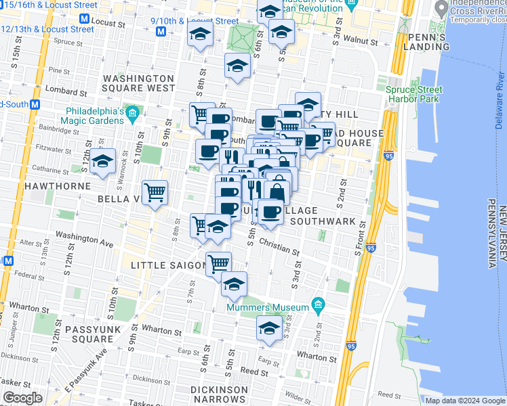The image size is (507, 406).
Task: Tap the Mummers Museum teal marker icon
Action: point(317,307)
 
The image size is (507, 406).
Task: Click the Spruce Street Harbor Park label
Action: point(414,94)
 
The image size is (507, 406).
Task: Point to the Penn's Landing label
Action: point(426,42)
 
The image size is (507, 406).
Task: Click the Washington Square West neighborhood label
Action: point(139,83)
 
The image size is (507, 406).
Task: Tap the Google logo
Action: point(22,398)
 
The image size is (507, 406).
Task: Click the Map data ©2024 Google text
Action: point(465,401)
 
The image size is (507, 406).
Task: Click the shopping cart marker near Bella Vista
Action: point(155,192)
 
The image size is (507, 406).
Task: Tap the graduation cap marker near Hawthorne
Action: point(102,161)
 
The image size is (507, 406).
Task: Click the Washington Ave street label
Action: point(84,239)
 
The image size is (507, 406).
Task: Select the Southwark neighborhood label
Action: point(323,221)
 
